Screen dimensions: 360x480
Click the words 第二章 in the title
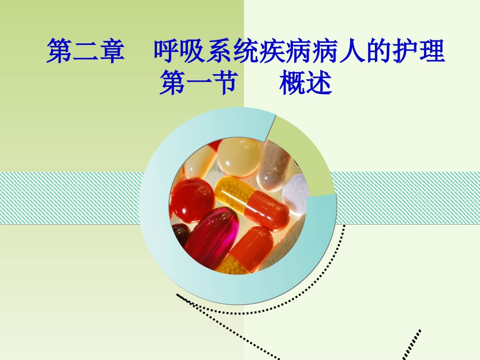pos(85,53)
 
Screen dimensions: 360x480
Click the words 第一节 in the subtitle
pos(198,84)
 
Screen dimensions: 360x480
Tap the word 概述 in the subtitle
pos(305,84)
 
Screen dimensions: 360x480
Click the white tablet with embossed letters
pos(296,194)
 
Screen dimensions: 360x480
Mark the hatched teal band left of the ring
pos(71,197)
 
